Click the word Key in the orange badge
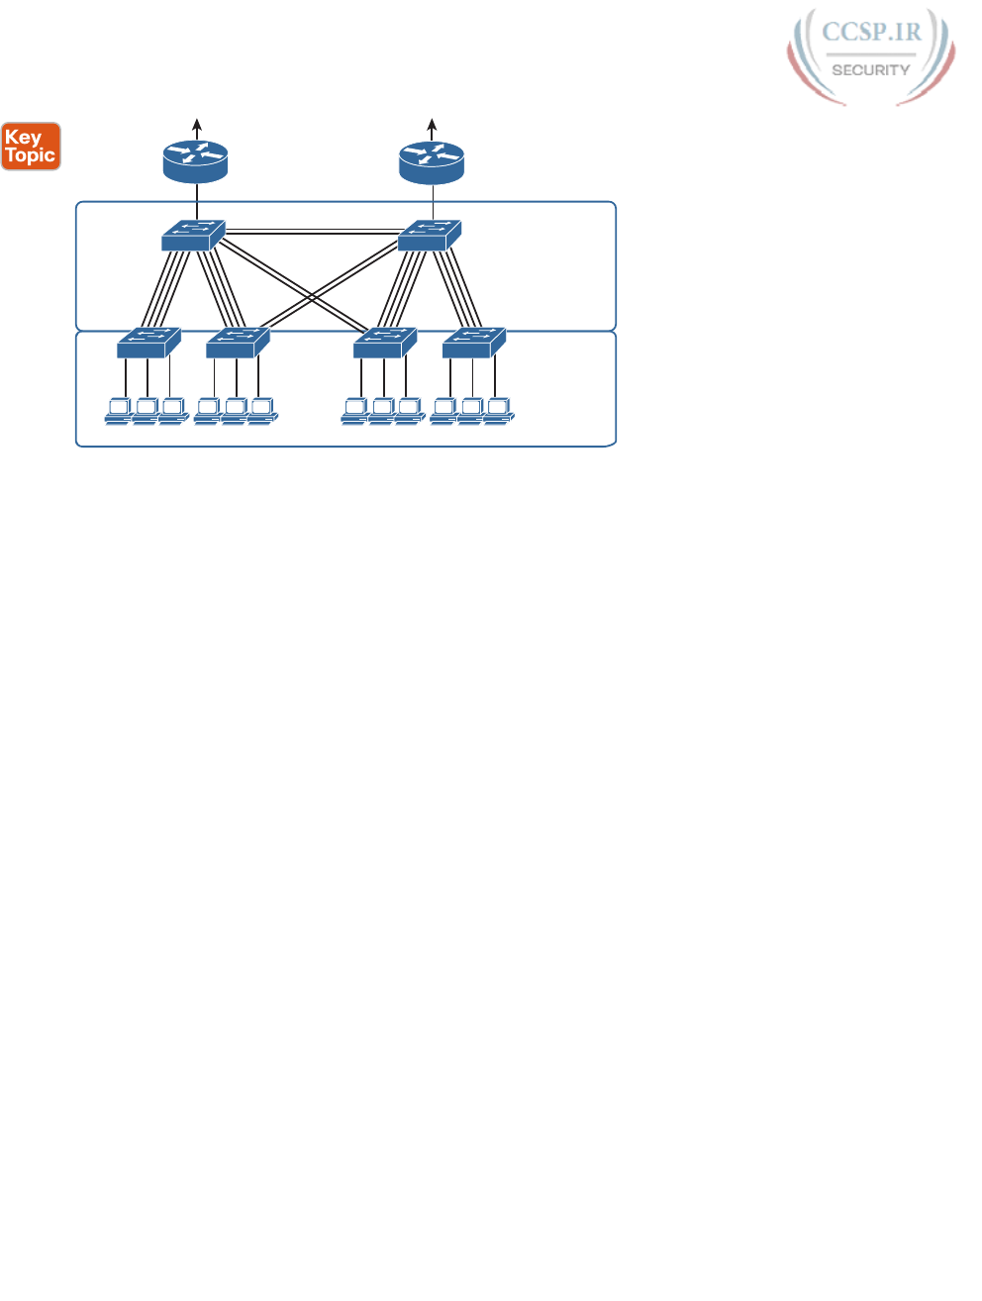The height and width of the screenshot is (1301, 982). click(x=23, y=138)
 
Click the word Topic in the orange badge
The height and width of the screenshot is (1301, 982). click(x=31, y=155)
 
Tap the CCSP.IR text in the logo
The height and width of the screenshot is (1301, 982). click(x=871, y=32)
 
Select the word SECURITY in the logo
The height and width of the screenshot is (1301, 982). click(x=871, y=70)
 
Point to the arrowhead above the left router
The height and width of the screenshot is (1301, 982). click(x=197, y=124)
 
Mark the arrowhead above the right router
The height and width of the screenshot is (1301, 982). click(x=433, y=124)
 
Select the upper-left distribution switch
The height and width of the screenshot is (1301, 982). click(x=193, y=235)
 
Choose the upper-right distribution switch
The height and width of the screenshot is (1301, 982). click(x=429, y=235)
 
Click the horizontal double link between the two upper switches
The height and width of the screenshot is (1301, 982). click(x=311, y=233)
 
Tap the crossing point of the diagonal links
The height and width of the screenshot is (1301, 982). click(x=312, y=297)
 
